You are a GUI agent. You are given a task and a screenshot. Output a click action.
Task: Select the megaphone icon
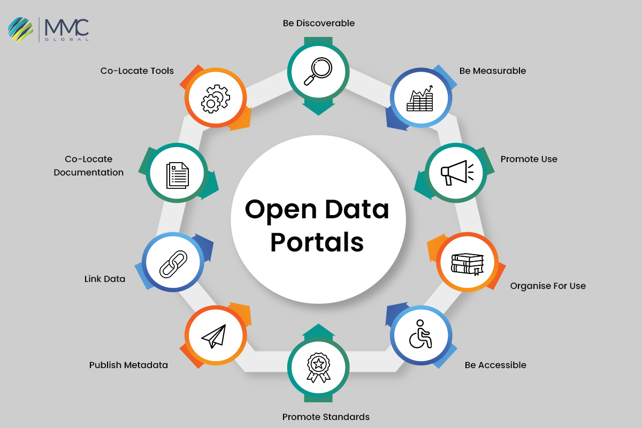click(456, 172)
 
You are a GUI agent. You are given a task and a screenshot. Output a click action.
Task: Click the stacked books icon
click(467, 263)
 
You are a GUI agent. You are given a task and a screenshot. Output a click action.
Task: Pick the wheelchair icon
click(421, 335)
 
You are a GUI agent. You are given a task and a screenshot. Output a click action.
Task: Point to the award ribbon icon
click(318, 369)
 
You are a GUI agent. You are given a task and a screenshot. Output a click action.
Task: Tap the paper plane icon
click(215, 336)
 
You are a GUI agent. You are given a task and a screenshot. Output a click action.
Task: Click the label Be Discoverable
click(318, 23)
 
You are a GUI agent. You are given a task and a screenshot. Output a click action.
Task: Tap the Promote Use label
click(529, 159)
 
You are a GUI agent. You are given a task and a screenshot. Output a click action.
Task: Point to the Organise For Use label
click(547, 286)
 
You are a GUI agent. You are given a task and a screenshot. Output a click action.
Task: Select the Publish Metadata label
click(128, 365)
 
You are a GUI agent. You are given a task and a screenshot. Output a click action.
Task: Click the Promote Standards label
click(326, 417)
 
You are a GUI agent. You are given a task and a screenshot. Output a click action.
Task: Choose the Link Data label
click(105, 279)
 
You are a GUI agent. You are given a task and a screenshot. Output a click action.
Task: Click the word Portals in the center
click(317, 241)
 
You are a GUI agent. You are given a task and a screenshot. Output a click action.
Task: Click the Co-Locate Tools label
click(137, 71)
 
